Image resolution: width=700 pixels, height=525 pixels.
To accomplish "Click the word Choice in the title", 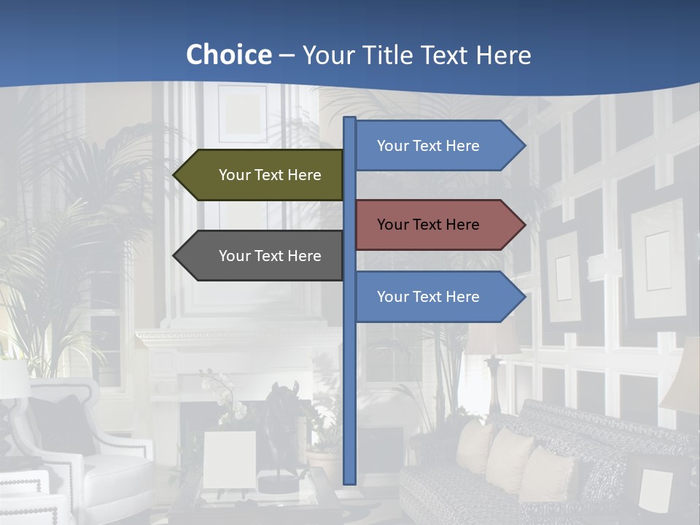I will pyautogui.click(x=228, y=55).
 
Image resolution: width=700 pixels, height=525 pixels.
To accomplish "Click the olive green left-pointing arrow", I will pyautogui.click(x=259, y=175).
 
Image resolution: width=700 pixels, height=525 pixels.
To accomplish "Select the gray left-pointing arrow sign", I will pyautogui.click(x=259, y=256).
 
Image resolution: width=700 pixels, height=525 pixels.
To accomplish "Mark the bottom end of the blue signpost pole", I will pyautogui.click(x=350, y=481).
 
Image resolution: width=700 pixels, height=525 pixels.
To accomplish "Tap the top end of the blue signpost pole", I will pyautogui.click(x=350, y=120).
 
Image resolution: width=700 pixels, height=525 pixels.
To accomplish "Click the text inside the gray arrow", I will pyautogui.click(x=270, y=256).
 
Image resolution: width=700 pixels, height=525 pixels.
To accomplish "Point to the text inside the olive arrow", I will pyautogui.click(x=270, y=175).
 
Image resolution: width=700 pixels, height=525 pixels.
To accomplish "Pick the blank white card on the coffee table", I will pyautogui.click(x=230, y=459).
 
